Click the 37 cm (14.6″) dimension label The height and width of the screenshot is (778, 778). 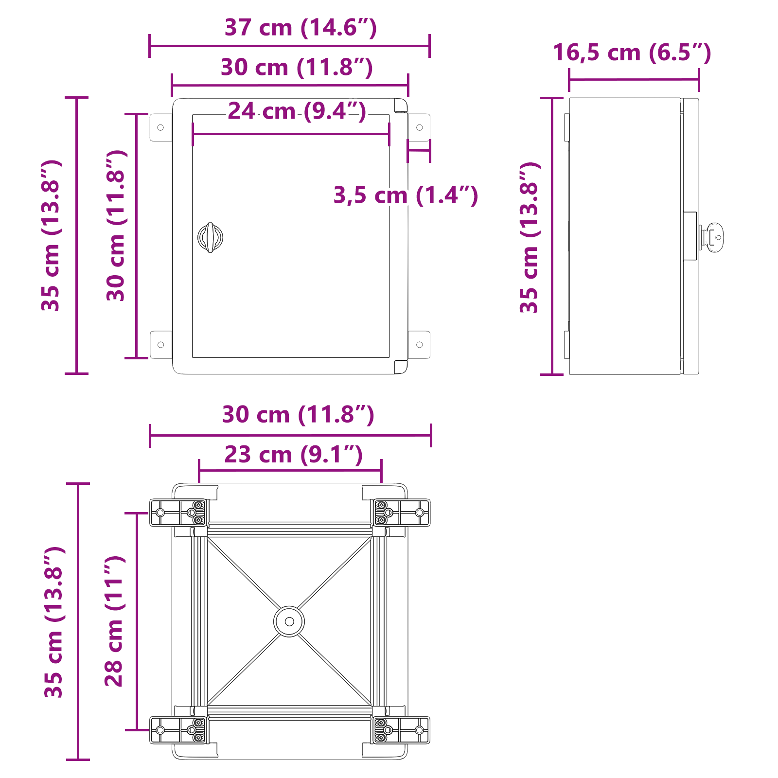(300, 28)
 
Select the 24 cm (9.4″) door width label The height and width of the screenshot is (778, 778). (297, 111)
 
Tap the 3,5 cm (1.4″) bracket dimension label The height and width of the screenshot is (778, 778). (406, 195)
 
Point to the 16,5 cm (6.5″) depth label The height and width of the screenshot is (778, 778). (632, 53)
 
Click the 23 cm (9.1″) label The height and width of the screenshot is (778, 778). (293, 455)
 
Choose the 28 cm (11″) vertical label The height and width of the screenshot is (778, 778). (115, 621)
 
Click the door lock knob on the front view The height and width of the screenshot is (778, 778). (210, 237)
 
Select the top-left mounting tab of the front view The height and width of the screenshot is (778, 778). (160, 127)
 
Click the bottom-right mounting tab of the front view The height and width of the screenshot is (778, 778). (419, 345)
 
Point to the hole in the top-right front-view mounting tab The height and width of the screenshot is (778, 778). (420, 127)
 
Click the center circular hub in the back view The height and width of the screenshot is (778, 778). (289, 621)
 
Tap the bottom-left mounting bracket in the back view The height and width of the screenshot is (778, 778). (178, 730)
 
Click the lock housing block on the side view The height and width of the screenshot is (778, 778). (690, 236)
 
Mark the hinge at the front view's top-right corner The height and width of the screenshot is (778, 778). (400, 106)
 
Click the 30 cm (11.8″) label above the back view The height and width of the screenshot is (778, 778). (298, 415)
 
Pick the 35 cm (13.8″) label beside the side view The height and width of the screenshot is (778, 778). (530, 237)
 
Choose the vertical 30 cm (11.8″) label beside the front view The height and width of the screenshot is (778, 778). (116, 226)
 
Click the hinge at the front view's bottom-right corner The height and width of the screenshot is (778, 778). (400, 367)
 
